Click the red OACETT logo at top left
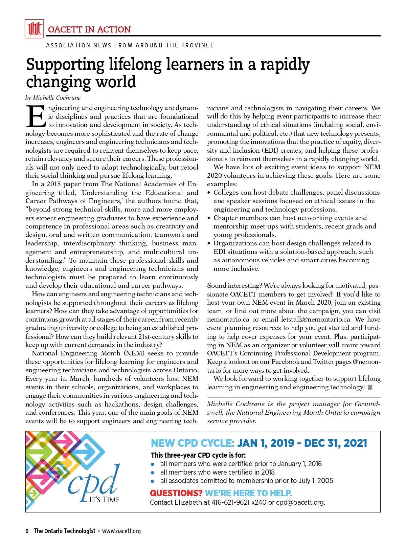pos(34,29)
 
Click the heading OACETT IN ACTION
pos(89,29)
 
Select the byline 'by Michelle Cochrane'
pos(53,98)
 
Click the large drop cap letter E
pos(35,117)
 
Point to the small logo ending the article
pos(370,388)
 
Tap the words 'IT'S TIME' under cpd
pos(104,500)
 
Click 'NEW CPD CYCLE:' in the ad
pos(193,443)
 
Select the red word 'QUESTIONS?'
pos(176,493)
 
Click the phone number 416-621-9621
pos(230,502)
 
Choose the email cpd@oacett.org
pos(300,502)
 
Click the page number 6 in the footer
pos(27,531)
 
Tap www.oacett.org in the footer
pos(121,531)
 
